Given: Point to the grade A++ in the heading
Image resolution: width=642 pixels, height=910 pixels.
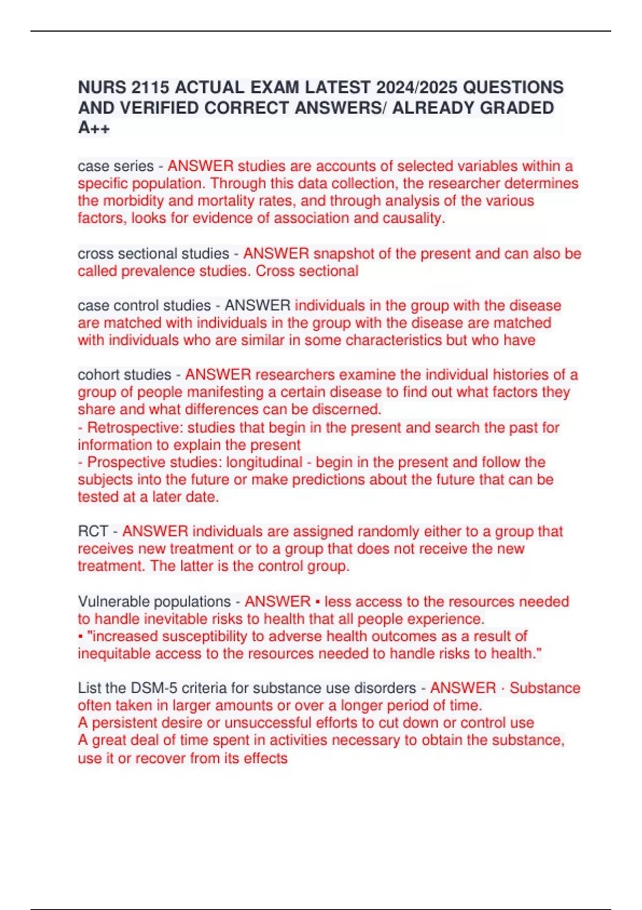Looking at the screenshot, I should tap(94, 128).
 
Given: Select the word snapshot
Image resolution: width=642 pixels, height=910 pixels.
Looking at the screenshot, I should tap(344, 253).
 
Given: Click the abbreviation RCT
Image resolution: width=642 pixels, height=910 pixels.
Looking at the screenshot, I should tap(93, 532).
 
